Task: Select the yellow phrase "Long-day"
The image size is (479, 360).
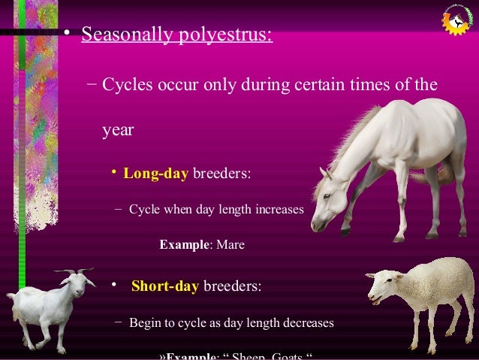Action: click(155, 174)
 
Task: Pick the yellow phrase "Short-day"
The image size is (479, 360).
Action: click(164, 286)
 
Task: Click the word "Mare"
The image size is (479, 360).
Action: click(230, 245)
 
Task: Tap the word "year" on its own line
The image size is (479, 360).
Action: click(118, 130)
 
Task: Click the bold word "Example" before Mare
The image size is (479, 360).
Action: click(185, 245)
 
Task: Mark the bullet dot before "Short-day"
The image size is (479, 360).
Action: click(113, 285)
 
